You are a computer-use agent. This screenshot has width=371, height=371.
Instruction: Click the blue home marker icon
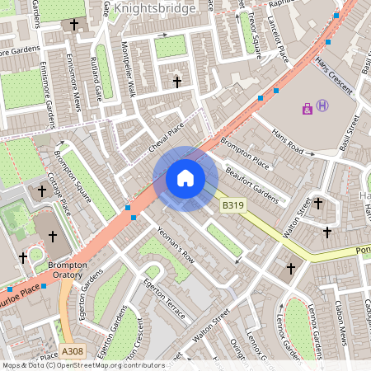(185, 178)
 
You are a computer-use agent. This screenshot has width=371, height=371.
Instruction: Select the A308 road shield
(71, 351)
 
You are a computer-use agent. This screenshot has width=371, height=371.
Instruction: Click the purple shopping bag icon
(308, 107)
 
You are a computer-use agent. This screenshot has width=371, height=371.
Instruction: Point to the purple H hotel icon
(322, 106)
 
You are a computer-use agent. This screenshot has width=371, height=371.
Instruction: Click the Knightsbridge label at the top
(155, 9)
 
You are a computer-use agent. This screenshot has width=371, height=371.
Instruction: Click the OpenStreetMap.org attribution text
(99, 364)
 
